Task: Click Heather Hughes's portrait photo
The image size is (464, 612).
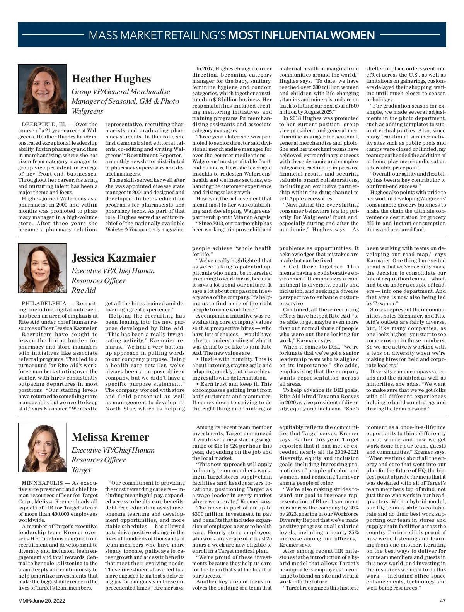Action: (x=42, y=89)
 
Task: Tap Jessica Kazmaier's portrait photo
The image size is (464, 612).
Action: (x=42, y=268)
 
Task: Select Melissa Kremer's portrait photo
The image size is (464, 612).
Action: (x=42, y=448)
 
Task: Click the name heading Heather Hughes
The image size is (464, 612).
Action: (x=111, y=79)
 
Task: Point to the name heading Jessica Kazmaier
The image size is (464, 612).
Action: (x=114, y=258)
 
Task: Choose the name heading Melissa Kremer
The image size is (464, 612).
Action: (x=110, y=437)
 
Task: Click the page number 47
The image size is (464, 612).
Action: (x=443, y=601)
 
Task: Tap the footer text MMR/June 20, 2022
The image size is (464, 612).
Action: (x=42, y=601)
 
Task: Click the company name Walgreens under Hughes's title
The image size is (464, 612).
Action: (x=87, y=111)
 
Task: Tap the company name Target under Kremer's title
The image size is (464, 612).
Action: (x=81, y=470)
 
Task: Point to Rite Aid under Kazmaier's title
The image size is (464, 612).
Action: (x=84, y=291)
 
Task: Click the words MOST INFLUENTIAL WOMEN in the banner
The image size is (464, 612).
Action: (x=302, y=36)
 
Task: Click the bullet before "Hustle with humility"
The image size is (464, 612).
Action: (x=197, y=359)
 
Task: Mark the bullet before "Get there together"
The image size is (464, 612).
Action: (x=285, y=267)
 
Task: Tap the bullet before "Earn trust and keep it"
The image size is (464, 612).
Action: (x=197, y=384)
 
